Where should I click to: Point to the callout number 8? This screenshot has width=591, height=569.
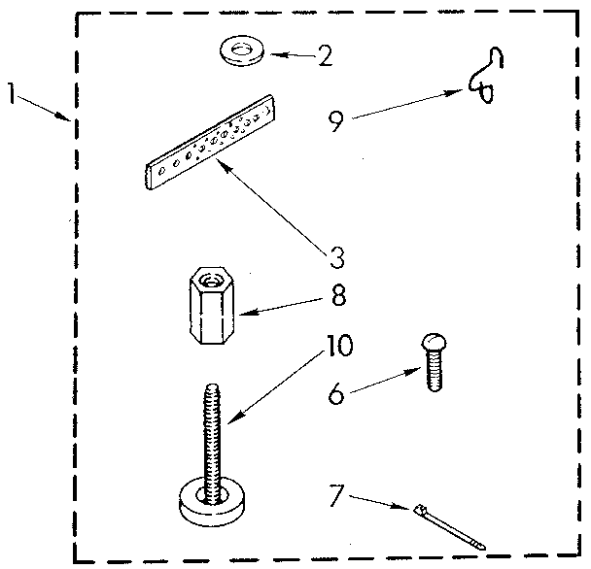pyautogui.click(x=336, y=293)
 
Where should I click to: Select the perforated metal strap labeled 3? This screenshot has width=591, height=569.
pyautogui.click(x=214, y=146)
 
